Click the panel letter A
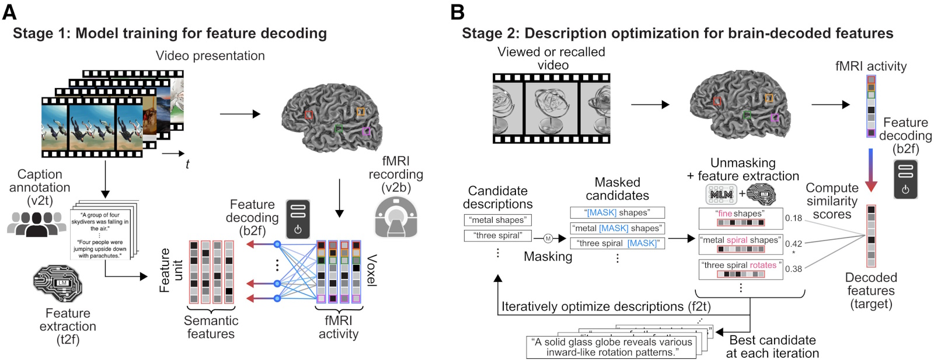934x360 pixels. tap(9, 12)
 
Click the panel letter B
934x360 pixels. tap(457, 12)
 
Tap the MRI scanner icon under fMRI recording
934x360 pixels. tap(396, 217)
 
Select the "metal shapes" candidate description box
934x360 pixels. tap(497, 220)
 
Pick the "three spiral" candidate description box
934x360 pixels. tap(497, 236)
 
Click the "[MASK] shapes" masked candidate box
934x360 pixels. tap(617, 212)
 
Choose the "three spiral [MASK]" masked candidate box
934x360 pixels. tap(617, 243)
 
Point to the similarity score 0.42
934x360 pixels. tap(793, 244)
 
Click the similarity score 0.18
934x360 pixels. tap(793, 218)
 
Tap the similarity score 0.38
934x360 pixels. tap(793, 269)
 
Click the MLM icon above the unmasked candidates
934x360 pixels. tap(722, 194)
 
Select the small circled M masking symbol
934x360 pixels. tap(548, 238)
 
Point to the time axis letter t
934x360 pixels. tap(187, 165)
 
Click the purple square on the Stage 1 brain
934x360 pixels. tap(367, 131)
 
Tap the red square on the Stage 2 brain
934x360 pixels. tap(717, 101)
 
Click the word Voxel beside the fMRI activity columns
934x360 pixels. tap(371, 270)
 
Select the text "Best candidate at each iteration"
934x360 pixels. tap(772, 347)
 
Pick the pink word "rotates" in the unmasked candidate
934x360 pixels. tap(763, 265)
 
